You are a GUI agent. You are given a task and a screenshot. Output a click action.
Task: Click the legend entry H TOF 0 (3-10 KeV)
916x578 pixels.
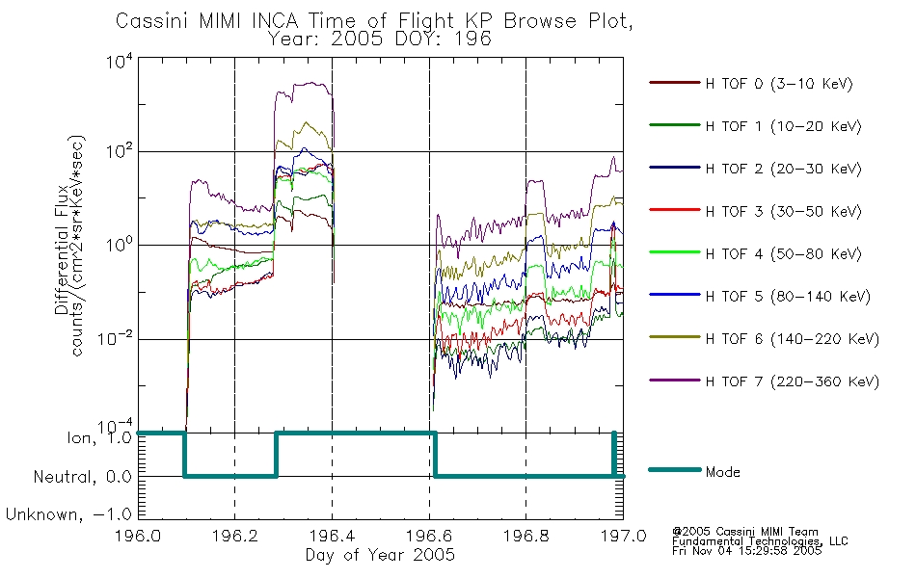[779, 84]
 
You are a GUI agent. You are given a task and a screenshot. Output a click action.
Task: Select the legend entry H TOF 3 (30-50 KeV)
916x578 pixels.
[783, 211]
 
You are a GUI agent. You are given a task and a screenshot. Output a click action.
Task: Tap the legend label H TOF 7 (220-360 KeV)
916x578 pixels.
[792, 381]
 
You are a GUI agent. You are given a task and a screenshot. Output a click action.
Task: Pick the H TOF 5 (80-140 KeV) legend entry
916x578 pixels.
[788, 297]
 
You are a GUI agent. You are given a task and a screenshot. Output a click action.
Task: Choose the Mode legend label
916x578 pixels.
[722, 472]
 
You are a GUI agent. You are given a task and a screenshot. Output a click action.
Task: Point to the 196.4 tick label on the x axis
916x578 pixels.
[332, 536]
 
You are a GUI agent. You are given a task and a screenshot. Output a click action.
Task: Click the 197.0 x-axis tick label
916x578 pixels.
[623, 536]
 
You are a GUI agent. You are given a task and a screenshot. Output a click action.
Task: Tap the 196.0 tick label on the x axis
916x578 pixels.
[138, 536]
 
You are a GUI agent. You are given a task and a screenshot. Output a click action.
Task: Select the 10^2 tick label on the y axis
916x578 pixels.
[120, 152]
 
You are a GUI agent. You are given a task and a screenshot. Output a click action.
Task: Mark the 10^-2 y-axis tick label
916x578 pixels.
[115, 339]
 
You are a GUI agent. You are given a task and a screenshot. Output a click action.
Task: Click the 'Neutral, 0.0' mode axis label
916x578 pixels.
[82, 477]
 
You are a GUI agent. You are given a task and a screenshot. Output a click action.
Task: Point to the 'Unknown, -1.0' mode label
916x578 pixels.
[68, 514]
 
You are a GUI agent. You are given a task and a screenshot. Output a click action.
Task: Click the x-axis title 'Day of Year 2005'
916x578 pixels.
[380, 555]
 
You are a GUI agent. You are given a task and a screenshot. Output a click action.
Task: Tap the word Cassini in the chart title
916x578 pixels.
[152, 21]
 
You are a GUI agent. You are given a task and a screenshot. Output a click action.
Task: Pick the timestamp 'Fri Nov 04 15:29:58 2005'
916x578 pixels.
[746, 551]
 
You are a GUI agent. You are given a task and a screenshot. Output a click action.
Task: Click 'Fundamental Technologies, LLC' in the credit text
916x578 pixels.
[760, 541]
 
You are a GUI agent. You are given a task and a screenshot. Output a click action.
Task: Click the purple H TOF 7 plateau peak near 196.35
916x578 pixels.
[310, 84]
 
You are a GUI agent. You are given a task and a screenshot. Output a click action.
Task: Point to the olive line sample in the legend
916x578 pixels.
[675, 337]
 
